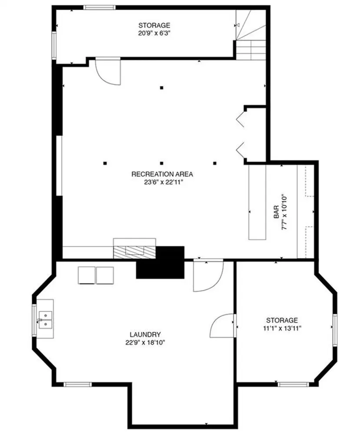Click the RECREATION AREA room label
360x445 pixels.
(162, 174)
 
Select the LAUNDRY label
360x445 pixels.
(145, 335)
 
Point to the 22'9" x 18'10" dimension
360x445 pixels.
(145, 342)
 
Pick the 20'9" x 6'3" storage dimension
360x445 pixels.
(154, 33)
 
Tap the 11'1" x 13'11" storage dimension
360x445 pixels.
(282, 328)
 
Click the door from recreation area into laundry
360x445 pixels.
(207, 276)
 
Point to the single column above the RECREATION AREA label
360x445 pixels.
(161, 88)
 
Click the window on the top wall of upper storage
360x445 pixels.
(99, 7)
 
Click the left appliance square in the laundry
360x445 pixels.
(86, 276)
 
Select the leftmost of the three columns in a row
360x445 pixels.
(105, 163)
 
